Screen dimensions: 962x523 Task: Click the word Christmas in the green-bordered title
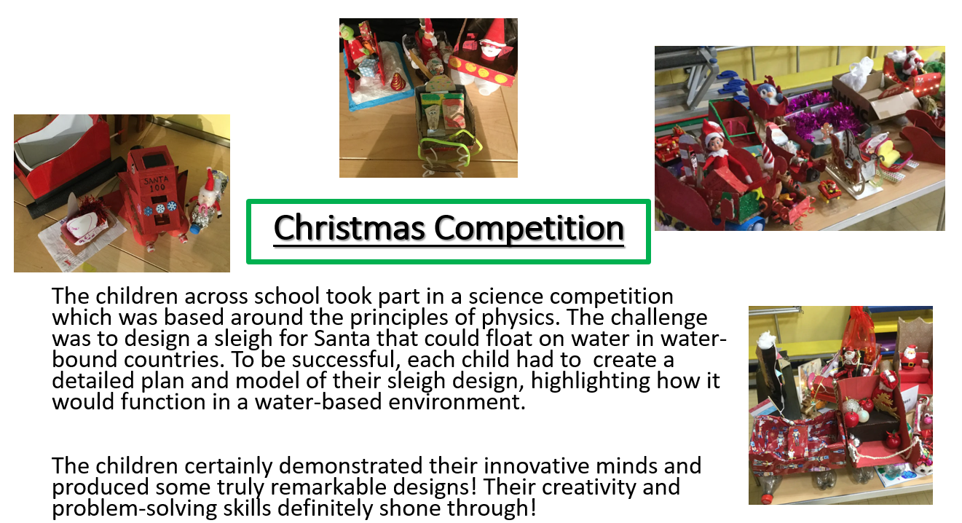point(349,228)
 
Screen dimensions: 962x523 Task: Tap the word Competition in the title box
point(529,229)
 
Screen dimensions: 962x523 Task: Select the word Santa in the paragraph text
point(342,339)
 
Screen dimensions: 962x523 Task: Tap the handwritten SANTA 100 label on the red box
point(155,184)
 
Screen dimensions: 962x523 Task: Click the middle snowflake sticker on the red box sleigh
point(160,208)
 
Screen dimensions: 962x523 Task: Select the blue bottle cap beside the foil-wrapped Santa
point(195,229)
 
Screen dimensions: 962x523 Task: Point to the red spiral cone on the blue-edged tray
point(396,81)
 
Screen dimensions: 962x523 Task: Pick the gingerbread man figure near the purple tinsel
point(825,131)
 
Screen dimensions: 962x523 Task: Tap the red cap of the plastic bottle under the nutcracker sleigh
point(767,499)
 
